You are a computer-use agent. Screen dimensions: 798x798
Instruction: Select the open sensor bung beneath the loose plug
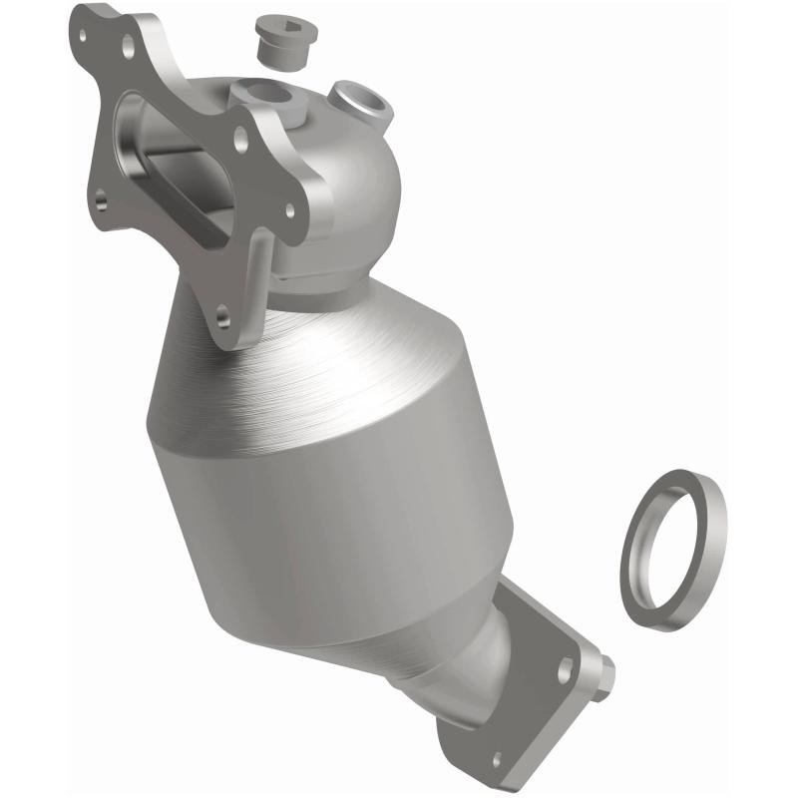pos(268,97)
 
